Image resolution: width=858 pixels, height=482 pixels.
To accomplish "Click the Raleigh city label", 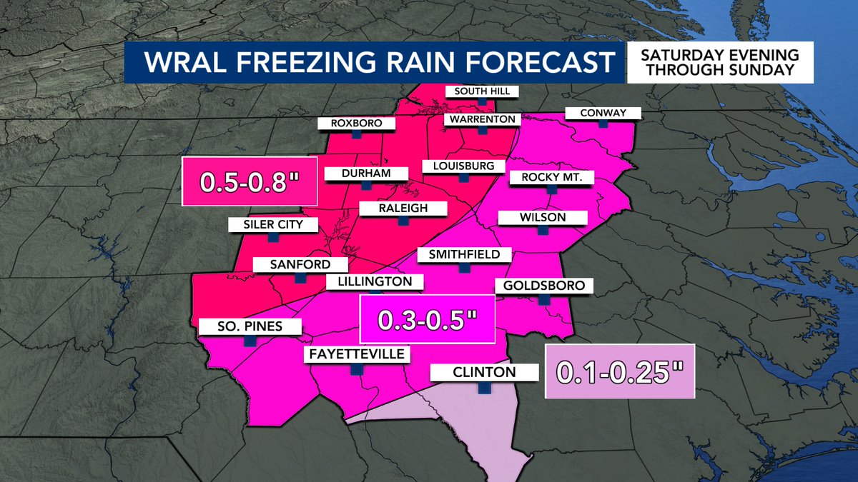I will (x=403, y=209).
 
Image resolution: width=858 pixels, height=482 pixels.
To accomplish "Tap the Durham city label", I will (x=366, y=174).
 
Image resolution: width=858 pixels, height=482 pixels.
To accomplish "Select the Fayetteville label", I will (x=356, y=354).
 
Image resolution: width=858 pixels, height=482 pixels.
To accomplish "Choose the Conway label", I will (x=603, y=113).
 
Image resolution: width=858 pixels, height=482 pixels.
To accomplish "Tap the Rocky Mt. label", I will (x=551, y=177).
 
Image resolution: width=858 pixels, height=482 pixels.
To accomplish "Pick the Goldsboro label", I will (x=544, y=286).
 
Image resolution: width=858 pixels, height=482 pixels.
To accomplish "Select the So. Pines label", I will (x=250, y=327).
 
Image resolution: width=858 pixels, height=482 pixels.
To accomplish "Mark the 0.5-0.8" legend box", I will (x=249, y=182).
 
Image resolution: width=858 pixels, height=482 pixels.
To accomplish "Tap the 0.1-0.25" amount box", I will (x=619, y=371).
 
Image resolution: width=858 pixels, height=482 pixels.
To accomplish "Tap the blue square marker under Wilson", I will (x=543, y=231).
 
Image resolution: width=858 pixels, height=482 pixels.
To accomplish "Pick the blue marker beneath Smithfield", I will (x=463, y=268).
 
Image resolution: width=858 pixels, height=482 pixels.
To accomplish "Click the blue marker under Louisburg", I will (x=463, y=179).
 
